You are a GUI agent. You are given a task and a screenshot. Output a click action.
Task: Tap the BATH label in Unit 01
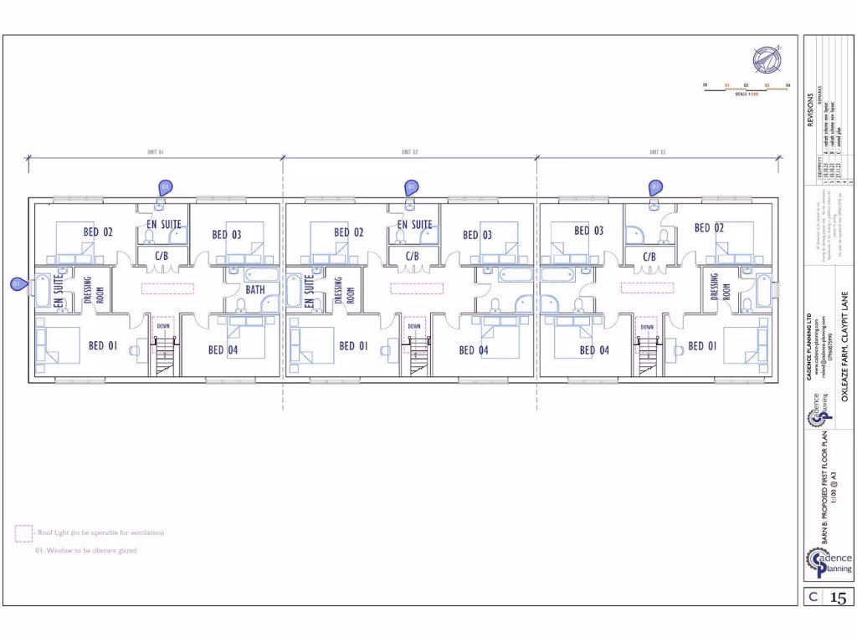click(x=255, y=290)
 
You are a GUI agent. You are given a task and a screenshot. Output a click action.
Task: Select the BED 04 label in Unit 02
click(x=473, y=350)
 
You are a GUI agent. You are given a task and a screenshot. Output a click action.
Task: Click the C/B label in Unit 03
click(x=649, y=257)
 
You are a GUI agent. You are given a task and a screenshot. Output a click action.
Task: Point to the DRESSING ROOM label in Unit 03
click(x=720, y=288)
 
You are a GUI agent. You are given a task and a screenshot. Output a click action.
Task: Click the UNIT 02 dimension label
click(x=409, y=152)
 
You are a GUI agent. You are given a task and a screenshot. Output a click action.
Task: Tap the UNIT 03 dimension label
click(x=657, y=152)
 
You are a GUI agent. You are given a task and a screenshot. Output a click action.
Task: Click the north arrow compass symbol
click(x=765, y=59)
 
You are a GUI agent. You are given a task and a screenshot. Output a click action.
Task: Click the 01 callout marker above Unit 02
click(x=411, y=187)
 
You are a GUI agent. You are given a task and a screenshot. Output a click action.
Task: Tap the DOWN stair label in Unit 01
click(x=163, y=326)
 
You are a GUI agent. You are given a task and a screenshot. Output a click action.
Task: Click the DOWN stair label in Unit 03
click(x=646, y=327)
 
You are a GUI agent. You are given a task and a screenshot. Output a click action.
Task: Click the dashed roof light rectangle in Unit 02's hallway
click(x=417, y=288)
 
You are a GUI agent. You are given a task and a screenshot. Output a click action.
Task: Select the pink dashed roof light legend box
click(x=23, y=533)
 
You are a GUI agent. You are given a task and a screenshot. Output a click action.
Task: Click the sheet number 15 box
click(x=839, y=597)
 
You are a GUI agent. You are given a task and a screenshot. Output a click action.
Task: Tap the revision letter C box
click(x=812, y=597)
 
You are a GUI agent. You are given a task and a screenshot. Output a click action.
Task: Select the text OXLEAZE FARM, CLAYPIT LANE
click(x=844, y=351)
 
